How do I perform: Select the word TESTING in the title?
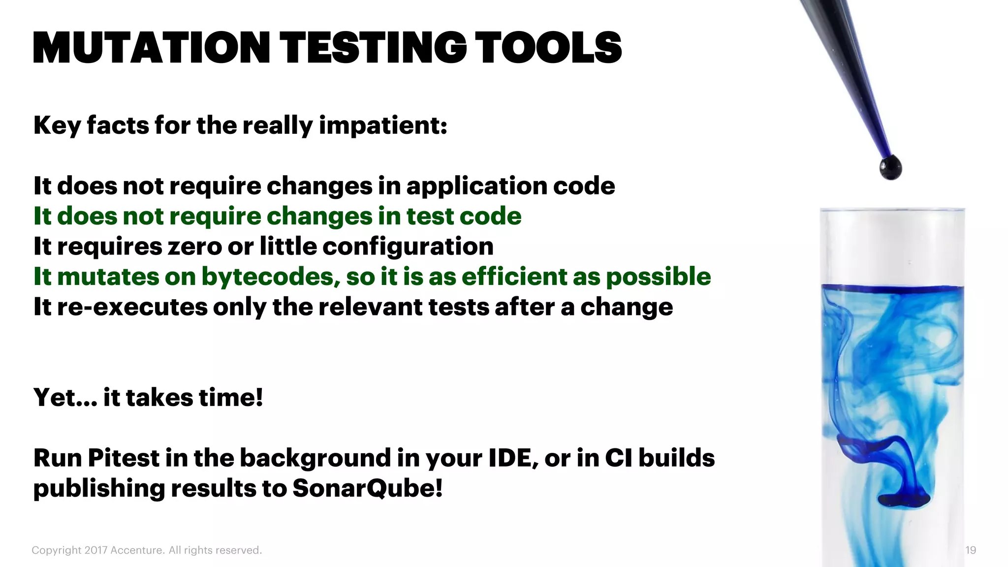coord(374,48)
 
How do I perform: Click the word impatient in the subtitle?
coord(383,126)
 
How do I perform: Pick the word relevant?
coord(371,307)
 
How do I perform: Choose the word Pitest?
coord(124,458)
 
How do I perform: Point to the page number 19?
coord(970,550)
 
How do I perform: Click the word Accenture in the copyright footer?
coord(137,550)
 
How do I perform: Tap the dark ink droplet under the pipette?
coord(890,168)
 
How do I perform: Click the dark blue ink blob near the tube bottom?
coord(905,500)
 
